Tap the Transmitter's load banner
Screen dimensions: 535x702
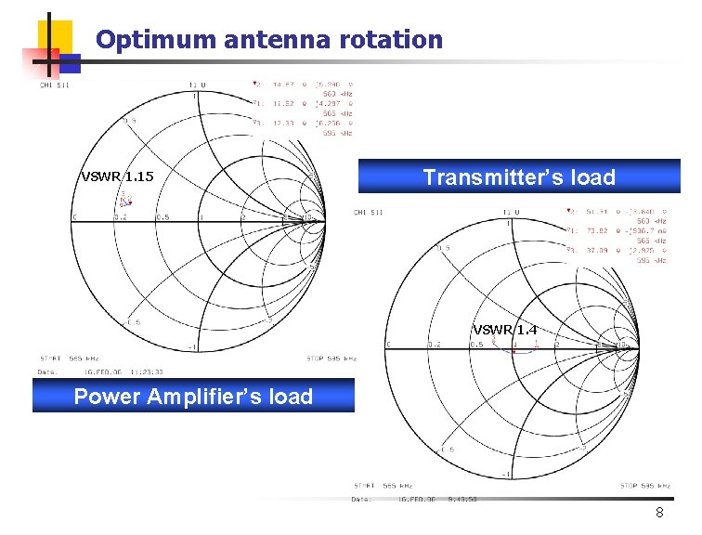tap(519, 177)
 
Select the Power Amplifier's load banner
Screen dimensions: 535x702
tap(193, 398)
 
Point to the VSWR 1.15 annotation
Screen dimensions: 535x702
tap(117, 176)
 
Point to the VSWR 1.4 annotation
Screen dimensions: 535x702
tap(504, 330)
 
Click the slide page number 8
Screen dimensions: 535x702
tap(658, 513)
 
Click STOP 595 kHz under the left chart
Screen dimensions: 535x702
tap(331, 358)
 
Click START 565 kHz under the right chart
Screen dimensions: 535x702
tap(383, 485)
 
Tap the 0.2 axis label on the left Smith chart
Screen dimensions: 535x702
tap(120, 218)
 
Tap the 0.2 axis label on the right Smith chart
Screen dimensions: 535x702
tap(434, 345)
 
